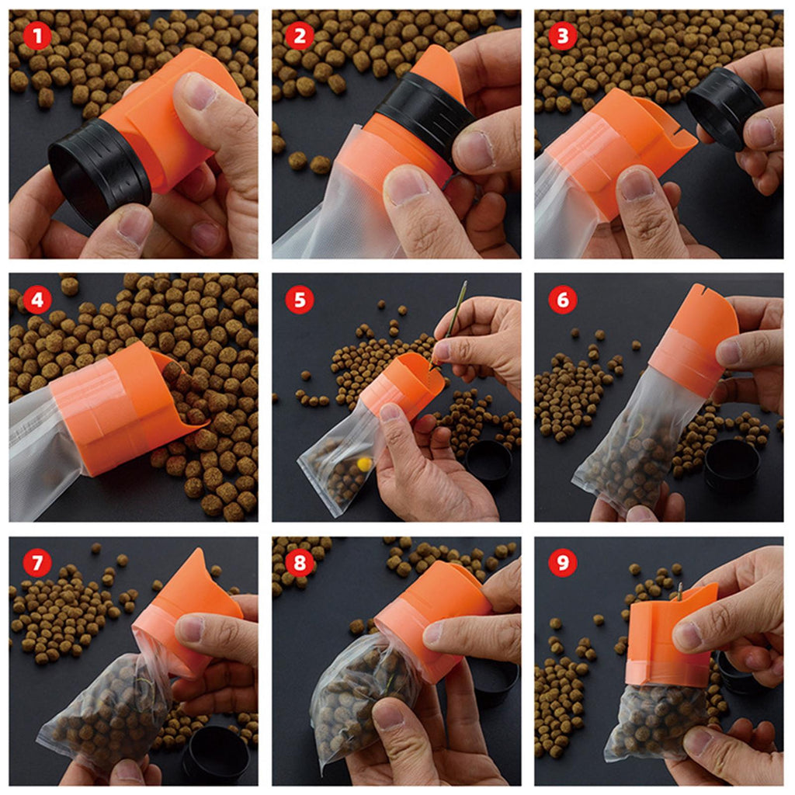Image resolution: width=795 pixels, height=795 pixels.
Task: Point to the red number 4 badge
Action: (36, 300)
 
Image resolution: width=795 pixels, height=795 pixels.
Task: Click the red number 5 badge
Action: (300, 300)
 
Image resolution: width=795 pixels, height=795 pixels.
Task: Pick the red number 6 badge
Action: (563, 300)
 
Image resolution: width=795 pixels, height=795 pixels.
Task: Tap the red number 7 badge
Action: (36, 563)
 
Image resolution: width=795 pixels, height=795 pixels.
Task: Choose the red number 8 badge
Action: (300, 563)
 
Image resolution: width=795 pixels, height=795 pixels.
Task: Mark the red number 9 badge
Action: (563, 563)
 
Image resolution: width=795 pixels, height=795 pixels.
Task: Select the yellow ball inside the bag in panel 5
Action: (364, 463)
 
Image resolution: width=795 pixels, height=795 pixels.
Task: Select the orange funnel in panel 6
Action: (695, 332)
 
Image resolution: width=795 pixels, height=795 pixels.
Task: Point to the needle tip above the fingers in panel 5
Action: (465, 284)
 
